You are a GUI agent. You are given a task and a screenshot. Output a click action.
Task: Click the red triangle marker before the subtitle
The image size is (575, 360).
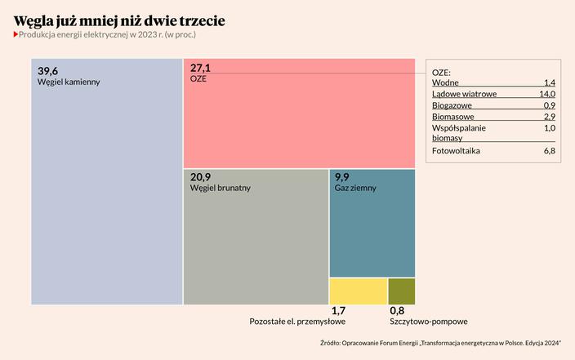16,35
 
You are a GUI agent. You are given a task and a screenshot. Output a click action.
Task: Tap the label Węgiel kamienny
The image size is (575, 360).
69,82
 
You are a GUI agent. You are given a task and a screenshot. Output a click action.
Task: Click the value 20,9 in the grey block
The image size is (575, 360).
201,176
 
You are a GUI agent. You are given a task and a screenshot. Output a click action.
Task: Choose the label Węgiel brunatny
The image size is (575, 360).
221,188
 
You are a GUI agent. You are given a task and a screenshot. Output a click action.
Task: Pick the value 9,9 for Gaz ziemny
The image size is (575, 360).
342,176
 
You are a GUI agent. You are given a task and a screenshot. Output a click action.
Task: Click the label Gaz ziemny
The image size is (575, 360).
355,188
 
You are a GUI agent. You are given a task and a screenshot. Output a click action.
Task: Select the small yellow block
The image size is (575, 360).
358,291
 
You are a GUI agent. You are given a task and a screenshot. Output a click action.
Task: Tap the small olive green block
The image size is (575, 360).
401,291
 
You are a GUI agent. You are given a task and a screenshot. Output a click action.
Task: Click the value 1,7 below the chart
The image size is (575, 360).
338,311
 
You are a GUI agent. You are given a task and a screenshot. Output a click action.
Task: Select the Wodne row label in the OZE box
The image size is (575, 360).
445,83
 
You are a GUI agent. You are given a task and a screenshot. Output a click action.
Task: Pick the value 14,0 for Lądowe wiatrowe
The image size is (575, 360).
547,95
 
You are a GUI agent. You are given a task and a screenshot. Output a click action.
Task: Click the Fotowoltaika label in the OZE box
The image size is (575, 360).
456,151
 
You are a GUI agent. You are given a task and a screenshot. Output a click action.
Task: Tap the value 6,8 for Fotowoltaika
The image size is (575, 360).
549,151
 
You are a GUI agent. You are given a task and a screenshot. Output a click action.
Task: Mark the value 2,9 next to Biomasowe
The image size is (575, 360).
549,118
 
